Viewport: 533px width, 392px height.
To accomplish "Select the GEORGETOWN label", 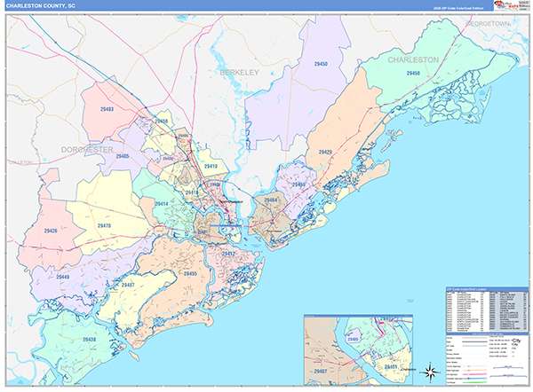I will click(x=498, y=23).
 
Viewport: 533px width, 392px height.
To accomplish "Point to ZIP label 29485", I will click(x=121, y=157).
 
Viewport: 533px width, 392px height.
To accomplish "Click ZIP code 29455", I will click(x=189, y=275).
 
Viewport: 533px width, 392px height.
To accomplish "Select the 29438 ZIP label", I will click(x=91, y=340).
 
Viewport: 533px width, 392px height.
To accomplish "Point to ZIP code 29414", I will click(x=162, y=204).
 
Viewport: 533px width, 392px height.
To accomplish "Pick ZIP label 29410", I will click(x=211, y=166).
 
